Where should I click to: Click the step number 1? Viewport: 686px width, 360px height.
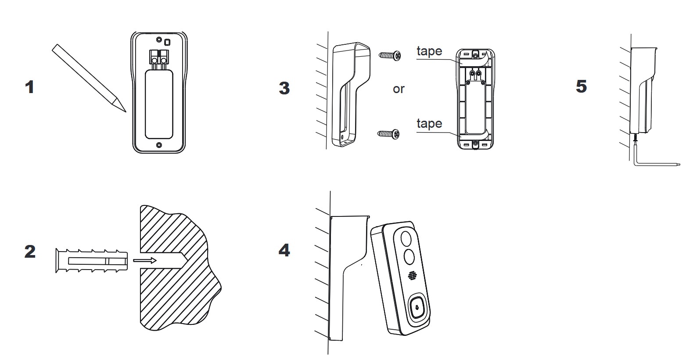coord(29,87)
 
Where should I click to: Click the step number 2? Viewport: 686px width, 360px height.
coord(30,252)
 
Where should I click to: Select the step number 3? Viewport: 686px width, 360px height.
coord(284,88)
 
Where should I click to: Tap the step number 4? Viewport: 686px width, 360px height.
coord(284,250)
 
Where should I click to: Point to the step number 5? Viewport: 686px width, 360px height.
coord(581,86)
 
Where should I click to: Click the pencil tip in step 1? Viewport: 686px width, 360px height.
coord(123,109)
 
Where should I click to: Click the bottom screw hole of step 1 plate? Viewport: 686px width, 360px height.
coord(159,144)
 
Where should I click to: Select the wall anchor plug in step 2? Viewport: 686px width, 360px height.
coord(91,261)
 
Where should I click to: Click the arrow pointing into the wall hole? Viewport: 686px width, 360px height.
coord(144,261)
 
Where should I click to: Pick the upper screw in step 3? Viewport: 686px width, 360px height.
coord(389,55)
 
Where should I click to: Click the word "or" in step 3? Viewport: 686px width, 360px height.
coord(399,89)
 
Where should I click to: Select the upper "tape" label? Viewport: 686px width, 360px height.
coord(429,51)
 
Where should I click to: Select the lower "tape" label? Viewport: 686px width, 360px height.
coord(429,124)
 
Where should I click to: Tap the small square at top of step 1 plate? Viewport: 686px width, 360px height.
coord(167,42)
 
